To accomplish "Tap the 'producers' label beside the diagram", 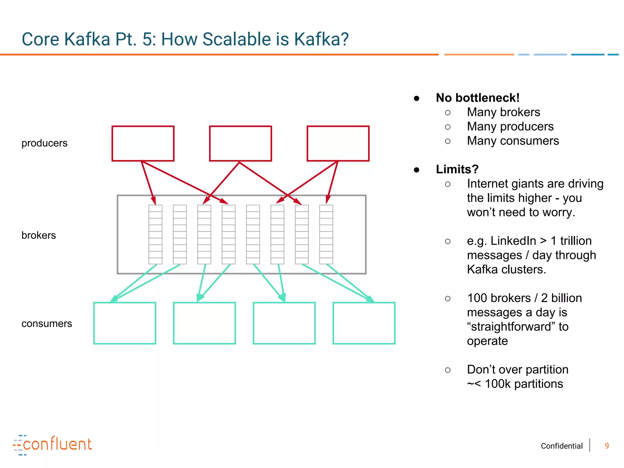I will [x=44, y=143].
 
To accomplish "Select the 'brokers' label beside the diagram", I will [x=39, y=236].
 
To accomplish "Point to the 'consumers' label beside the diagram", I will [x=47, y=324].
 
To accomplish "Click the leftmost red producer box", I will [x=143, y=144].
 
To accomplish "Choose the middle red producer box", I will [x=240, y=144].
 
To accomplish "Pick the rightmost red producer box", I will [x=338, y=144].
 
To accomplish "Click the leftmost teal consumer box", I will [x=125, y=323].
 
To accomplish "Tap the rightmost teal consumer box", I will [x=364, y=323].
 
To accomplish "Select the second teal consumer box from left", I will [x=204, y=323].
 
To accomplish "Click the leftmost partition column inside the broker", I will [x=155, y=234].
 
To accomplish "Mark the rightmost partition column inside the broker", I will [x=326, y=234].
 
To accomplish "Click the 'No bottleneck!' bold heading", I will [x=477, y=98].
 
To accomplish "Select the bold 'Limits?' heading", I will [x=457, y=169].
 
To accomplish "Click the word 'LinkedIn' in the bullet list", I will [x=513, y=241].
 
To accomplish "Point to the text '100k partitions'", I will [x=524, y=384].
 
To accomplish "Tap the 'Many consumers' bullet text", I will [x=513, y=141].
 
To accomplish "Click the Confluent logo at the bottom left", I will [x=52, y=445].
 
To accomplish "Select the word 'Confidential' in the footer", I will [x=562, y=446].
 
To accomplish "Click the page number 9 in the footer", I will [x=607, y=446].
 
